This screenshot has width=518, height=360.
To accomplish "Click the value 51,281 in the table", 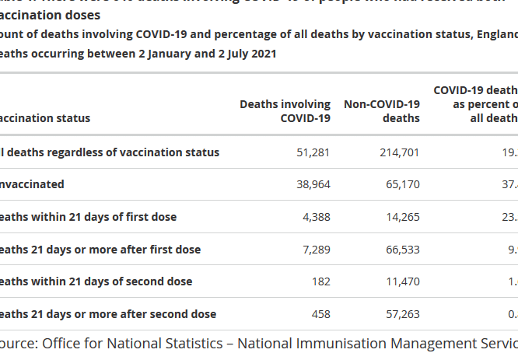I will click(x=314, y=152).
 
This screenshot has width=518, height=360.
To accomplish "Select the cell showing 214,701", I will click(x=399, y=152).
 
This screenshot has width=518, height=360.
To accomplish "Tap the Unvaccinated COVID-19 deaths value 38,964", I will click(x=314, y=184).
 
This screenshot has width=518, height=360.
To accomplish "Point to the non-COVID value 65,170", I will click(x=402, y=184).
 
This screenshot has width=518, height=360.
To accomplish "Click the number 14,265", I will click(x=402, y=217).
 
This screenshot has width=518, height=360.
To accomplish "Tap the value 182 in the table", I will click(x=321, y=281).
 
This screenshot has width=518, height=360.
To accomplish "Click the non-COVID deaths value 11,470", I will click(x=402, y=281).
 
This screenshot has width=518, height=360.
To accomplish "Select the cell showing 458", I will click(x=320, y=314).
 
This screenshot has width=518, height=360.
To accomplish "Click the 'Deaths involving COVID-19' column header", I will click(x=285, y=111).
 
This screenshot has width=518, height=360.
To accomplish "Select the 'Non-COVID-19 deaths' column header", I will click(x=382, y=111).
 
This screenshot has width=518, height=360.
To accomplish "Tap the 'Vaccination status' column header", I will click(x=44, y=118).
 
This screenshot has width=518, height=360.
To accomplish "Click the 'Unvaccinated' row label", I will click(x=32, y=184).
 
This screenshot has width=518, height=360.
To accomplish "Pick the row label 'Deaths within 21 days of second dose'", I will click(x=96, y=281).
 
